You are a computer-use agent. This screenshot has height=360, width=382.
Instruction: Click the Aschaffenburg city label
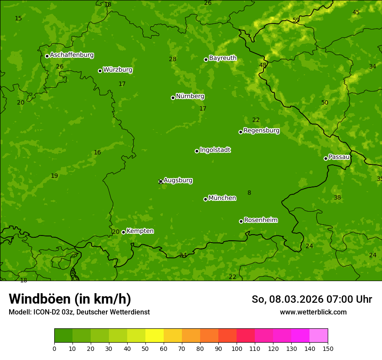click(72, 55)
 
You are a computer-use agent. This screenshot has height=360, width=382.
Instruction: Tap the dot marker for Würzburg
click(100, 71)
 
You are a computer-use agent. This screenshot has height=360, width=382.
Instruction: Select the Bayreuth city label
click(223, 58)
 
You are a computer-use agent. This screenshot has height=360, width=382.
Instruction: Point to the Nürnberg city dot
click(173, 98)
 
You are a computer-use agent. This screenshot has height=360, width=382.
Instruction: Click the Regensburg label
click(261, 131)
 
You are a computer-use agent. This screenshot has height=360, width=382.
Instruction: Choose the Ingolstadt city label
click(215, 150)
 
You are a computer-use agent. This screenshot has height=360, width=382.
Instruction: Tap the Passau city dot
click(326, 158)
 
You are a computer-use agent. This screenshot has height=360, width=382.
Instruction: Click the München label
click(222, 198)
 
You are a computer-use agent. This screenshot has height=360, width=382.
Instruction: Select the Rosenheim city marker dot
click(241, 221)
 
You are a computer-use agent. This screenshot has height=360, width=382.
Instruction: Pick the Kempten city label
click(140, 231)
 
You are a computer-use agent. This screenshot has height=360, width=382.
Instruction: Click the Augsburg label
click(178, 180)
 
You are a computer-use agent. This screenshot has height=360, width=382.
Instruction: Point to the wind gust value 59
click(296, 20)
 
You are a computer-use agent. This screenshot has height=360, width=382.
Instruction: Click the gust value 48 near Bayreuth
click(263, 65)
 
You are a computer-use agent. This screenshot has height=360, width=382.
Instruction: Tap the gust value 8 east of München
click(249, 193)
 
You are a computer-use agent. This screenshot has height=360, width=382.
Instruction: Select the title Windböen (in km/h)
click(70, 299)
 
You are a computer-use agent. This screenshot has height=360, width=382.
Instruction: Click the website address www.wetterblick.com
click(313, 312)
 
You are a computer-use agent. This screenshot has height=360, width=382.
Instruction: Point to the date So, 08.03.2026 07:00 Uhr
click(312, 299)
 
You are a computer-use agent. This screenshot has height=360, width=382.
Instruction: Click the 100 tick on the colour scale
click(237, 348)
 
